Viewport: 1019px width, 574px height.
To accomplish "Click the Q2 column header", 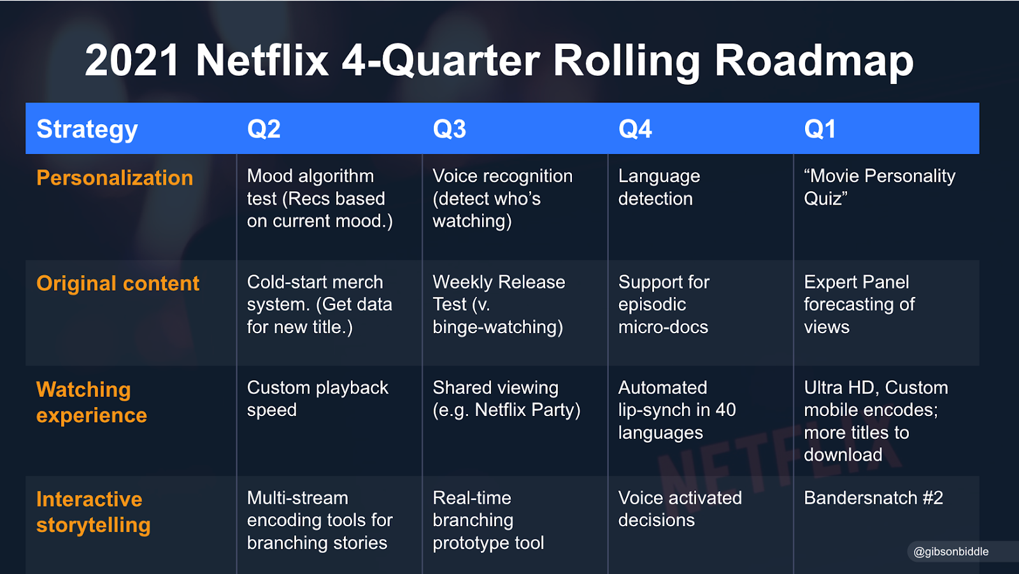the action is (x=264, y=129).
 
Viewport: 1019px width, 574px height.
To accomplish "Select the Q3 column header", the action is (x=450, y=129).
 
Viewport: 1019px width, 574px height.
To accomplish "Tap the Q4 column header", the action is (x=635, y=129).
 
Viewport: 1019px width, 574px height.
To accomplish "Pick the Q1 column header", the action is (x=820, y=129).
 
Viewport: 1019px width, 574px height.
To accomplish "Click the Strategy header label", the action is (x=87, y=130).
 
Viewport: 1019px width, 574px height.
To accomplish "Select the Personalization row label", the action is (x=115, y=178).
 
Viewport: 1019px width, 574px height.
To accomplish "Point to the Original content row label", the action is (x=118, y=283).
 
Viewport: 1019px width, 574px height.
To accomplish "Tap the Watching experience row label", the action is (x=92, y=403).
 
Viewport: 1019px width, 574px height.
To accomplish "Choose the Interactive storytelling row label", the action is (x=93, y=512).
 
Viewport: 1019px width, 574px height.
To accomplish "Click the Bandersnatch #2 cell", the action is (x=873, y=498).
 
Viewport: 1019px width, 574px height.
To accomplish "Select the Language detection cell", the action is (x=659, y=187).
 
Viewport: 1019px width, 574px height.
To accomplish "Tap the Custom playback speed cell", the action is (x=318, y=399).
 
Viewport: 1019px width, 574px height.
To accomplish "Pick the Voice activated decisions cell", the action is (x=680, y=509).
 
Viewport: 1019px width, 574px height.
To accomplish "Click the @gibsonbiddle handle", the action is (x=951, y=552).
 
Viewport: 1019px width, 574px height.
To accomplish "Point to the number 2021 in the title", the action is (x=132, y=61).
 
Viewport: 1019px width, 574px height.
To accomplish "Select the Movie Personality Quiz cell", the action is (x=880, y=187).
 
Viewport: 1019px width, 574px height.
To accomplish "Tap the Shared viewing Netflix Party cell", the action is (x=506, y=399).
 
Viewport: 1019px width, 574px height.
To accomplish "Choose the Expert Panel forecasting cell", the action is (x=859, y=305).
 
